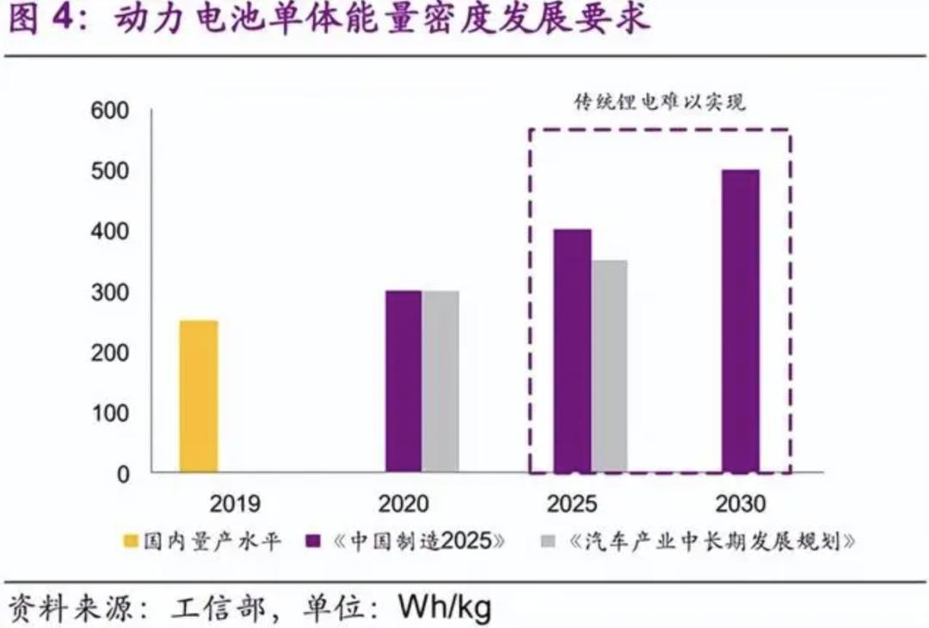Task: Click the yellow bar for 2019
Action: (x=199, y=397)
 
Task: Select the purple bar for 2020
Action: (x=403, y=382)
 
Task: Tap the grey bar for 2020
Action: (x=440, y=382)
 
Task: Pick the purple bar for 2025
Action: (x=573, y=351)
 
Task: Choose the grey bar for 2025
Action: (x=609, y=366)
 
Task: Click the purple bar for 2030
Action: (x=741, y=322)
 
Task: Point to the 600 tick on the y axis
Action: (x=110, y=111)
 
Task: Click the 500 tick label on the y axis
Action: (x=110, y=171)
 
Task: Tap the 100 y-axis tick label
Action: (x=110, y=414)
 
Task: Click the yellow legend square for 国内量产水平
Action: (x=131, y=541)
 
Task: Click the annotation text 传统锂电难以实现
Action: (x=660, y=102)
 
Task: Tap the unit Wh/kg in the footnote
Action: (x=444, y=608)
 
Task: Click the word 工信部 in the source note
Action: (x=218, y=608)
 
